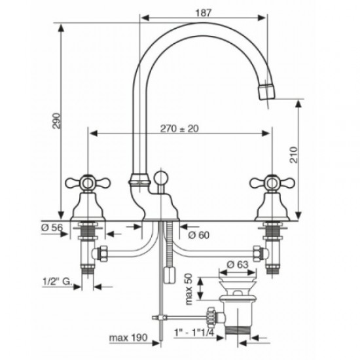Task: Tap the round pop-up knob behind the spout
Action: pyautogui.click(x=162, y=177)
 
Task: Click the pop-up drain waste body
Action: pyautogui.click(x=237, y=308)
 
